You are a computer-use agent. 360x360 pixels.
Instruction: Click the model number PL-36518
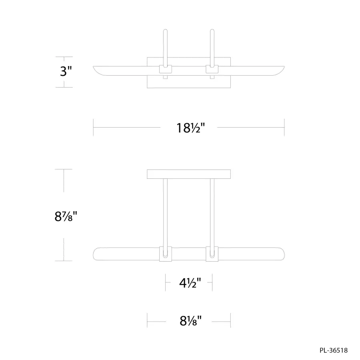point(334,350)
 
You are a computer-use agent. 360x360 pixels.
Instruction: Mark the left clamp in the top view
point(165,69)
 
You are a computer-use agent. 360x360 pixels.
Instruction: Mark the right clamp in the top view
point(212,69)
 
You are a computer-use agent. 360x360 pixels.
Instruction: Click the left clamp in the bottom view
point(165,254)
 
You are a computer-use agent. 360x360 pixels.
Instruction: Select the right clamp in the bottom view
point(212,254)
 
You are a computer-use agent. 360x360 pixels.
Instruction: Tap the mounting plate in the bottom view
point(189,174)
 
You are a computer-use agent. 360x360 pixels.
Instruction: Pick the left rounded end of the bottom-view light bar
point(96,254)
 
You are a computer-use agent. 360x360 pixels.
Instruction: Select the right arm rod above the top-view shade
point(212,46)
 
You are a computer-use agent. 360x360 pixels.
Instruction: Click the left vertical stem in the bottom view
point(165,212)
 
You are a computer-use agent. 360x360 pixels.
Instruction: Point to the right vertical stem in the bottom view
point(212,212)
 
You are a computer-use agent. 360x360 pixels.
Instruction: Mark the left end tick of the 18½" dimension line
point(93,128)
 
